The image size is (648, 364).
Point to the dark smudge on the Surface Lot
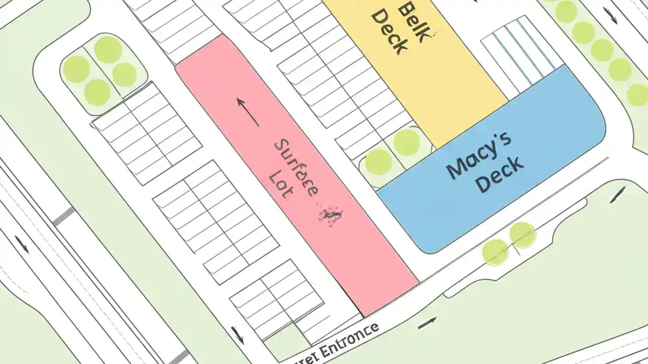(x=330, y=214)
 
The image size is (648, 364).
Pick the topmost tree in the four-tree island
(x=108, y=49)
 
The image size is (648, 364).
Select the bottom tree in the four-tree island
(x=97, y=93)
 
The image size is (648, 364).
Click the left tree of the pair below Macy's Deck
(x=495, y=252)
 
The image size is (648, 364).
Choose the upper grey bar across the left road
(x=64, y=217)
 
